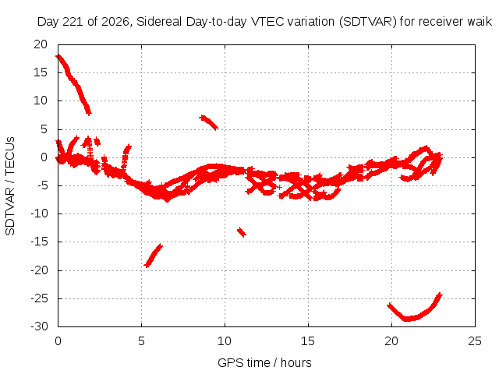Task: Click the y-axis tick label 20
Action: pos(41,44)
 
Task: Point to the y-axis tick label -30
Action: pos(39,326)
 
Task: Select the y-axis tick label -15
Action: pos(39,242)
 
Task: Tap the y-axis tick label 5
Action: pos(44,129)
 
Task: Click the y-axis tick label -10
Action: pos(39,213)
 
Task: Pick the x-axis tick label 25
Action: pos(475,341)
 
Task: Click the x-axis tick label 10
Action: pos(225,341)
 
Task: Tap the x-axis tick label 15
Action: pos(308,341)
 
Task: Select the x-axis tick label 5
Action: pos(141,341)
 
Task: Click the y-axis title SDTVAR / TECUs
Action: pos(10,186)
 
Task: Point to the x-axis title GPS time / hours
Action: pos(264,362)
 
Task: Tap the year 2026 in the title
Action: pos(115,22)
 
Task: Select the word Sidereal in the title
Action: pos(159,22)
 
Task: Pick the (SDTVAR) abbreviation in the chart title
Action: pos(368,22)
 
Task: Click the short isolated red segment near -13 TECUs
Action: pos(242,232)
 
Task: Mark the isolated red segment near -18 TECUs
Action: pos(153,256)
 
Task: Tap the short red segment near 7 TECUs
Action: pos(208,122)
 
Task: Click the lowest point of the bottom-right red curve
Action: pos(407,319)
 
